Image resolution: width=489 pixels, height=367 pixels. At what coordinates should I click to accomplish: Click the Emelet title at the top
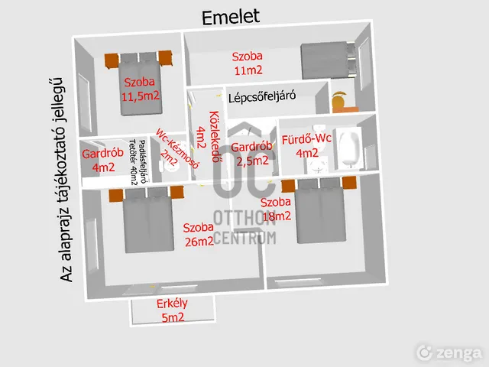click(x=231, y=18)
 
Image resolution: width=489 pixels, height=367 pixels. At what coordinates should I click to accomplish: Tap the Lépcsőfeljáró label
click(x=262, y=97)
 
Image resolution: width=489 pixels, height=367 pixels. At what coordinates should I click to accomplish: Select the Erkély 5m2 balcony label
click(x=173, y=310)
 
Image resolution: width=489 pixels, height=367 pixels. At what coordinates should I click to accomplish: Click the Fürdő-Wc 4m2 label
click(x=306, y=146)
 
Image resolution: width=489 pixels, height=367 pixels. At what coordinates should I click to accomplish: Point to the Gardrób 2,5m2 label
click(x=251, y=154)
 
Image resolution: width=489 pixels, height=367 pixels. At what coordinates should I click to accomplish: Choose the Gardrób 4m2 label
click(x=103, y=161)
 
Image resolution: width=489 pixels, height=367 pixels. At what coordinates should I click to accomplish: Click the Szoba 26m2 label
click(x=199, y=235)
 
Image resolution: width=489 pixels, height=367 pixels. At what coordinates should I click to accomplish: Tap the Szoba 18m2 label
click(x=276, y=209)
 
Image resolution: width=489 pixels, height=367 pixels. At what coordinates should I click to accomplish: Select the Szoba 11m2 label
click(x=248, y=63)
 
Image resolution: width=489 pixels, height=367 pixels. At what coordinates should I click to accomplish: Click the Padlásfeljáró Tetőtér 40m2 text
click(x=138, y=162)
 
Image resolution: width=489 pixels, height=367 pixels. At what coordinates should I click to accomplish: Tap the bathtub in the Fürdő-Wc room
click(x=348, y=148)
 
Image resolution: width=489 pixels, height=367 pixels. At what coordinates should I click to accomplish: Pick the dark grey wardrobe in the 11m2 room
click(x=324, y=60)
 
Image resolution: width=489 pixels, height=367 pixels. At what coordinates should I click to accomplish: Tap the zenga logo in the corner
click(x=450, y=353)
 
